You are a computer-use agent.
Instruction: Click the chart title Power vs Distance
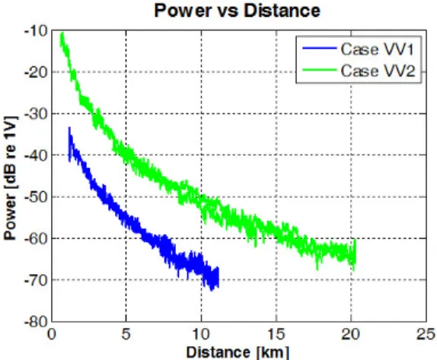pos(238,11)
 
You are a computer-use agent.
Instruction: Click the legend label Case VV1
pos(377,49)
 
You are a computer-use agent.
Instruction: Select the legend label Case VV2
pos(378,71)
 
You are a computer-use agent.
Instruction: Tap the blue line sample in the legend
pos(320,49)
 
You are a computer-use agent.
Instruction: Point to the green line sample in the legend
pos(320,70)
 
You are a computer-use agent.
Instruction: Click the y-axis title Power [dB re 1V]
pos(11,178)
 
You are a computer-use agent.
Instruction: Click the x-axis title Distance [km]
pos(238,352)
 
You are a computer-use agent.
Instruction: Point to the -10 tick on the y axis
pos(36,31)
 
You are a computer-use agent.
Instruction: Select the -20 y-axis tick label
pos(36,72)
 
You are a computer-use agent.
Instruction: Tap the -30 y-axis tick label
pos(36,114)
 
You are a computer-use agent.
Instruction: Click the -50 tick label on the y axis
pos(36,197)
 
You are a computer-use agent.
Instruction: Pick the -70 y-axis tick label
pos(36,280)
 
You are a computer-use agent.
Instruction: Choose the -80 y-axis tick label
pos(36,322)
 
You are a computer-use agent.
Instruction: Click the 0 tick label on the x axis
pos(52,333)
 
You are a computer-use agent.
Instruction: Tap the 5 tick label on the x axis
pos(126,333)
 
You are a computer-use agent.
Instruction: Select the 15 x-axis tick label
pos(276,333)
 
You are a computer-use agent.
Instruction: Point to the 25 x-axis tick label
pos(426,333)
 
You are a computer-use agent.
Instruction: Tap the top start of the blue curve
pos(69,128)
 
